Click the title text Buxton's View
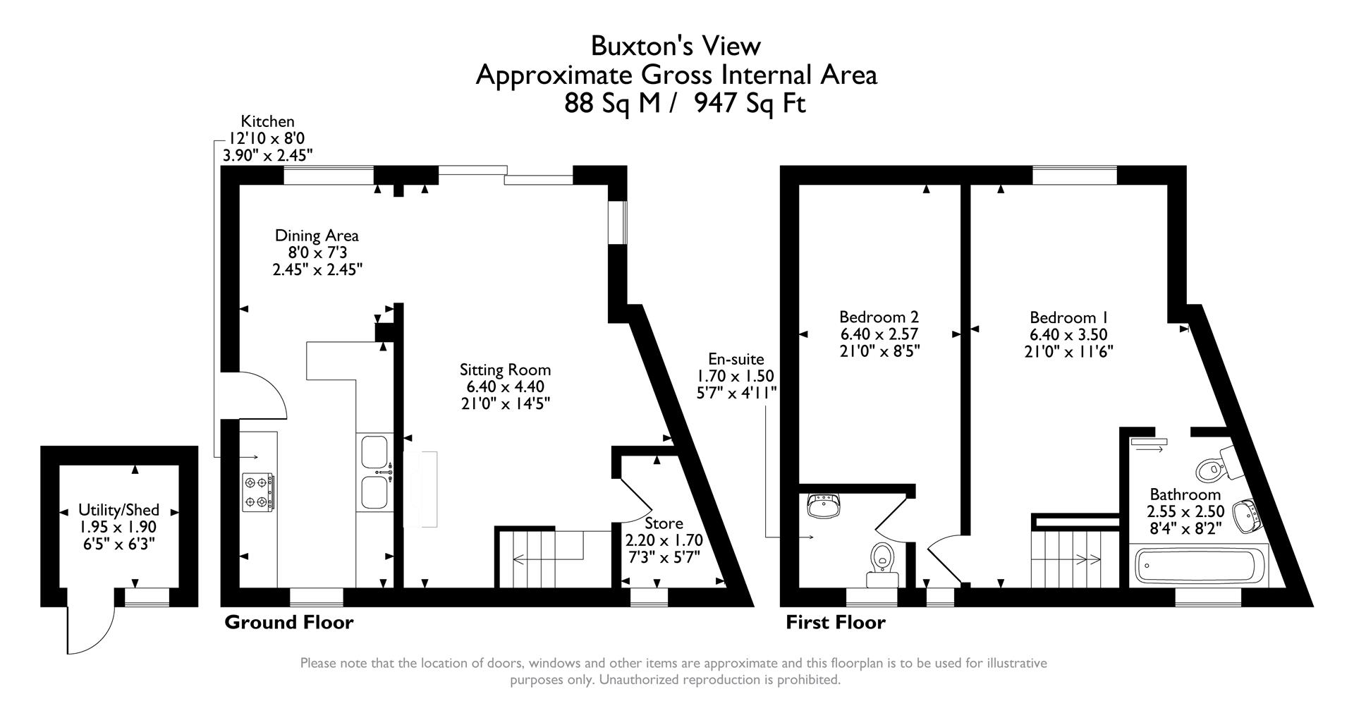tap(676, 46)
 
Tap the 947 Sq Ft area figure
tap(750, 104)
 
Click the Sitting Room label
tap(505, 370)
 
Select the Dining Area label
tap(317, 236)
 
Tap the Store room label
tap(664, 523)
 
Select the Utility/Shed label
tap(118, 510)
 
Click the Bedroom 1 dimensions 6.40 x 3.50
tap(1068, 335)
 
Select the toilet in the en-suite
tap(882, 558)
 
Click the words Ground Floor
tap(288, 623)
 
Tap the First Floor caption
tap(836, 623)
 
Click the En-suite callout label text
tap(736, 360)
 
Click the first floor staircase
tap(1066, 559)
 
